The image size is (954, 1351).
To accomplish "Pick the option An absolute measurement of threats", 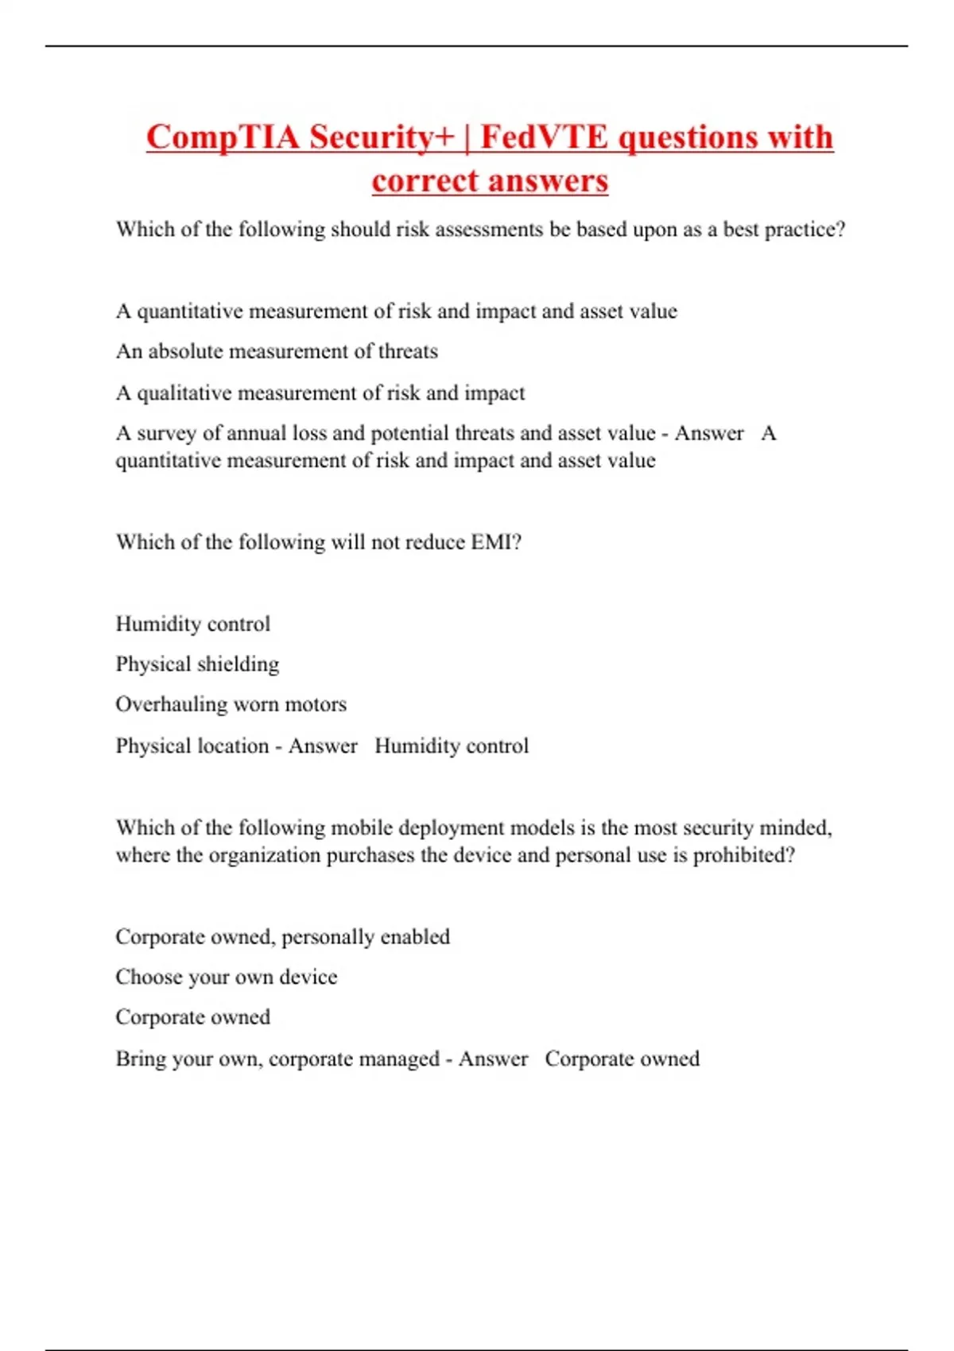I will click(x=277, y=351).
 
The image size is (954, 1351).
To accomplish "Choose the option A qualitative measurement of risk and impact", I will click(x=320, y=393).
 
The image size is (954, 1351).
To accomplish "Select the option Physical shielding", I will click(x=197, y=664).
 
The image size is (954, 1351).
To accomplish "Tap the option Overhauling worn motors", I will click(x=231, y=704).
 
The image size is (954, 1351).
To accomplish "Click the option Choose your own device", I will click(x=227, y=977).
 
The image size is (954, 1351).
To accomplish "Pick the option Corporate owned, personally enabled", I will click(x=282, y=936).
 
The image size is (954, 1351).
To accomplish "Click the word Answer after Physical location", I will click(x=323, y=745).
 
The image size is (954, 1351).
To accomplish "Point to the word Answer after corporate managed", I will click(x=493, y=1059).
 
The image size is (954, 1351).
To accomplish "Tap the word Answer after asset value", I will click(x=709, y=433).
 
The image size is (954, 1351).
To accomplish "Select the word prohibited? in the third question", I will click(x=743, y=855).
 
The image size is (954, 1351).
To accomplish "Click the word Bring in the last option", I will click(x=139, y=1059).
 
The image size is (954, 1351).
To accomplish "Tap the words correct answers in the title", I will click(x=490, y=180).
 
